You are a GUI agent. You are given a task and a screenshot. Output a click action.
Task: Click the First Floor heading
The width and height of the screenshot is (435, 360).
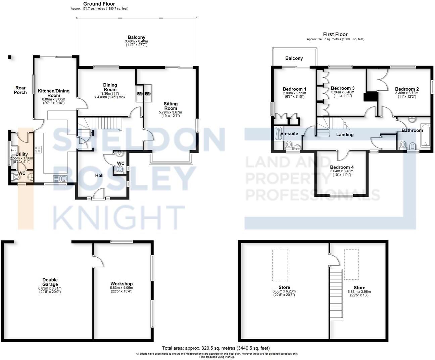click(x=335, y=34)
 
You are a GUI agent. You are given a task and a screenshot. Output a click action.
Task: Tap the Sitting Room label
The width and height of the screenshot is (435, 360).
click(x=171, y=106)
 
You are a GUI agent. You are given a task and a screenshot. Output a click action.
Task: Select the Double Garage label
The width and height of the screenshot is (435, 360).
click(x=50, y=282)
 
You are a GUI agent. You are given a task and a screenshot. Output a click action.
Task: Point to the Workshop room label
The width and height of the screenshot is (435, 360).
click(x=121, y=284)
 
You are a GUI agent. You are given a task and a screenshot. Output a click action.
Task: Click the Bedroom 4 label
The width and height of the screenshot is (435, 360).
click(x=342, y=167)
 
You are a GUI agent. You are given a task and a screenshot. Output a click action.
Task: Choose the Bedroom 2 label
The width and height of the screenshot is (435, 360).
click(x=407, y=89)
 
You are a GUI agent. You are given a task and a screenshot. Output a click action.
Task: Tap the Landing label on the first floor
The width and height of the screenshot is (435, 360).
click(x=345, y=135)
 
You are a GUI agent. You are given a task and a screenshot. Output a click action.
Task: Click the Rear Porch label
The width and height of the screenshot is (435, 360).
click(x=20, y=90)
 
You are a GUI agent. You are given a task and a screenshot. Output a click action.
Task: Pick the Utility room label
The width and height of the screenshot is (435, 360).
click(x=21, y=154)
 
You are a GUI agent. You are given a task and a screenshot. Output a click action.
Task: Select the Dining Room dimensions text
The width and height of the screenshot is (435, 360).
click(x=110, y=95)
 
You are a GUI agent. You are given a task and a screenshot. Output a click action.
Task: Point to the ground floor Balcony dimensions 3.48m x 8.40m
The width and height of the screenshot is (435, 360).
click(x=137, y=41)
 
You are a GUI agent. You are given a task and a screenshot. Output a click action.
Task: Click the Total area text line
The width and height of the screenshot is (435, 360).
click(x=216, y=348)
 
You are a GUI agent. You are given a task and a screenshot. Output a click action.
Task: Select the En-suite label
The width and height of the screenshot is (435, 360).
click(x=289, y=133)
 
